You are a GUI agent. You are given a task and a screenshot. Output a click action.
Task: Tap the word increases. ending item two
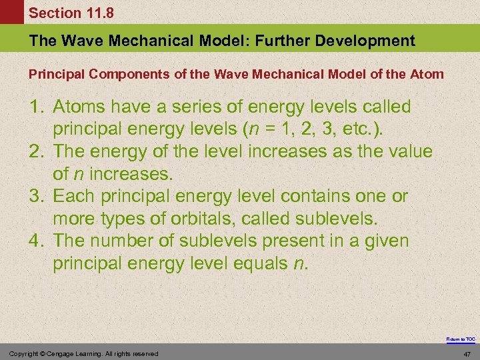point(131,175)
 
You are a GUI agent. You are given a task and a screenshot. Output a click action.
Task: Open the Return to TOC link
point(461,339)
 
